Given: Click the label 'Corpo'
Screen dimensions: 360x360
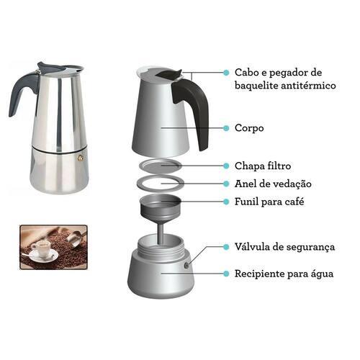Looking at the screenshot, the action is pos(249,128).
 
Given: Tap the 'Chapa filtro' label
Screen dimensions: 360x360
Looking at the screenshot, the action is pos(263,166).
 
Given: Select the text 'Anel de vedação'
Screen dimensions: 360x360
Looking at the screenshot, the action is pos(273,184).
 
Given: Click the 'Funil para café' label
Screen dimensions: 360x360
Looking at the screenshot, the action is pos(269,202).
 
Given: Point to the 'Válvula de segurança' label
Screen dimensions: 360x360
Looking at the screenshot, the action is pos(284,247).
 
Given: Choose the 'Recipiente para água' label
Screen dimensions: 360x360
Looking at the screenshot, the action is pos(284,274).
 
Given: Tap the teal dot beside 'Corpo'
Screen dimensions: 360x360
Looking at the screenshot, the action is pos(226,128).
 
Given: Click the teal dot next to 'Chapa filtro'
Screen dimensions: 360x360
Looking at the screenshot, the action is pos(226,166).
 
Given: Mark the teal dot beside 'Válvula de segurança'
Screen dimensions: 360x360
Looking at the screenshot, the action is pos(226,247).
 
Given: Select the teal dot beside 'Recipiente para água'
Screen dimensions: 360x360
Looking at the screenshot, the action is pos(226,274).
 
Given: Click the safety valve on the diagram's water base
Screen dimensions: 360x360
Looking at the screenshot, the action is pos(186,265).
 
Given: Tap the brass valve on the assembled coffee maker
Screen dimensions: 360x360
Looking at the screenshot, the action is pos(81,158).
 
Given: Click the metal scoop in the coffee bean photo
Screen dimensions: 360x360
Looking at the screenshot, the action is pos(76,238).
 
